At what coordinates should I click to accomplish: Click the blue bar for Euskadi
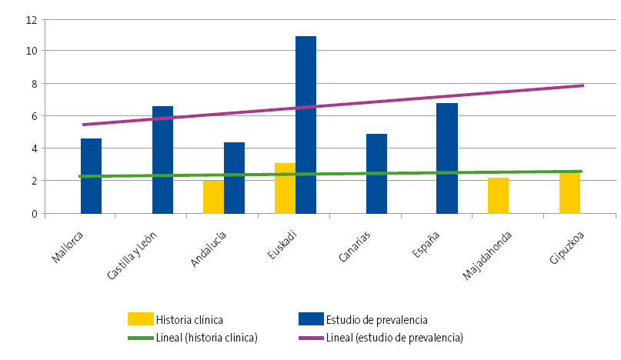(x=305, y=125)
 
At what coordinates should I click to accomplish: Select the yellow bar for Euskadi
(x=285, y=188)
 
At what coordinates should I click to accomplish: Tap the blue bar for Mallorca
(x=91, y=176)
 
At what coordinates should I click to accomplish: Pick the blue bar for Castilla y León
(x=162, y=160)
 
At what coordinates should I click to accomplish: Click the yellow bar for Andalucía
(x=213, y=197)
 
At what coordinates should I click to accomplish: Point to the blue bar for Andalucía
(x=234, y=178)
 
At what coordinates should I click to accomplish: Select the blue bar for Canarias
(x=376, y=174)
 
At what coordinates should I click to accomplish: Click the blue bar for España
(x=446, y=158)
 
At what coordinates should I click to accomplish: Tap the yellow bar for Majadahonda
(x=498, y=195)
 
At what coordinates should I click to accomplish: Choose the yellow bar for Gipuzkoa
(x=569, y=193)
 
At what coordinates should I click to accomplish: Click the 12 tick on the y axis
(x=32, y=19)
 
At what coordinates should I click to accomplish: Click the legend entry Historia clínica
(x=189, y=319)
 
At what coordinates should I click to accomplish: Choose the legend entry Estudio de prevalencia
(x=376, y=319)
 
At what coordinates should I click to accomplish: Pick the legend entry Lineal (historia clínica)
(x=205, y=337)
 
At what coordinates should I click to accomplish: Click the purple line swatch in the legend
(x=310, y=337)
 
